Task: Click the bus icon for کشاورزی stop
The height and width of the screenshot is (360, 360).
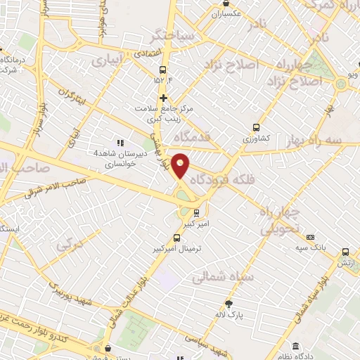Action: pyautogui.click(x=256, y=129)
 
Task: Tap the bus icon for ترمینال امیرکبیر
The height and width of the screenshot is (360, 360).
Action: pyautogui.click(x=177, y=238)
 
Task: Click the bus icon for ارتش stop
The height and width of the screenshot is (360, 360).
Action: pyautogui.click(x=345, y=252)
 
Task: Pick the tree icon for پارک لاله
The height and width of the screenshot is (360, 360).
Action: pyautogui.click(x=229, y=304)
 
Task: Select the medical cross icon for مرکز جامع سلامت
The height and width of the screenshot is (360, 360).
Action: pyautogui.click(x=164, y=98)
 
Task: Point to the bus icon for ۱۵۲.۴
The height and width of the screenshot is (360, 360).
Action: pyautogui.click(x=163, y=70)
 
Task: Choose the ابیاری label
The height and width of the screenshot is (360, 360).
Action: pyautogui.click(x=105, y=61)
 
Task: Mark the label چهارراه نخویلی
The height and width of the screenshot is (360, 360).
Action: pyautogui.click(x=281, y=220)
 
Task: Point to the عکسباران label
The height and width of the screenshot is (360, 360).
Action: pyautogui.click(x=226, y=13)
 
